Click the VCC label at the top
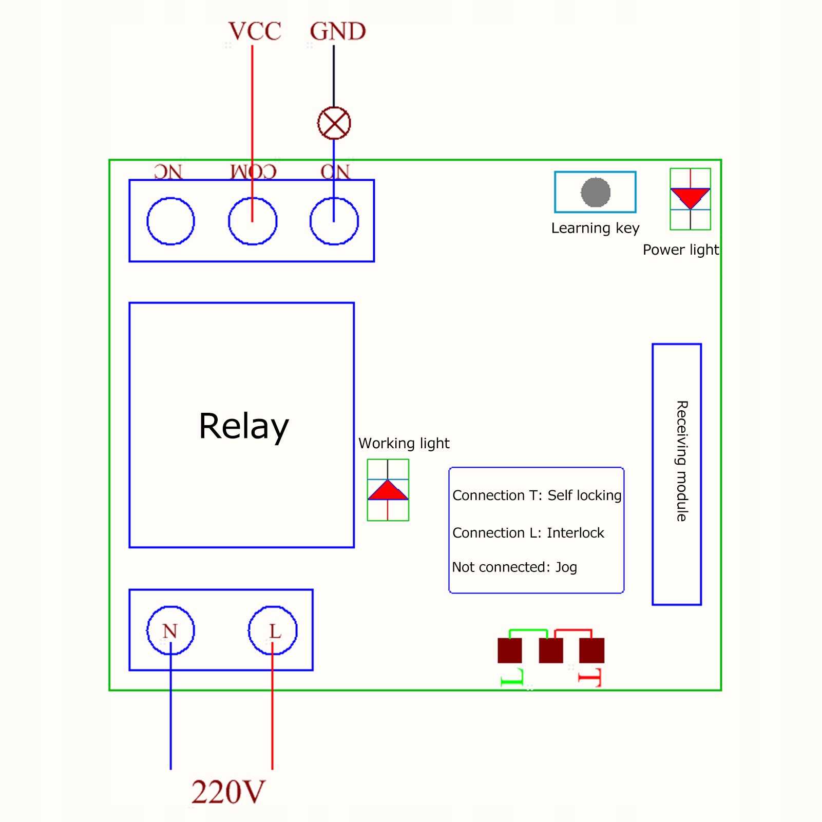255,32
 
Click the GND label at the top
337,32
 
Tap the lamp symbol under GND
334,123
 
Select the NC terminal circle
170,221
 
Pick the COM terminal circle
253,221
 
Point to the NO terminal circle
334,221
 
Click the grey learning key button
596,193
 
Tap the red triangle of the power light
690,197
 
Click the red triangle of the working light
388,491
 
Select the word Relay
244,426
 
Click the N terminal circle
170,630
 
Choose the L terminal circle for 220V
273,630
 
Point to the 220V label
228,792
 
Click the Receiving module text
681,461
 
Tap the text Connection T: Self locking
537,495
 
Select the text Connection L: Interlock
528,533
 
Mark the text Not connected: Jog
514,567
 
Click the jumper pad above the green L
510,651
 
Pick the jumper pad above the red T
591,651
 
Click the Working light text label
404,443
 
